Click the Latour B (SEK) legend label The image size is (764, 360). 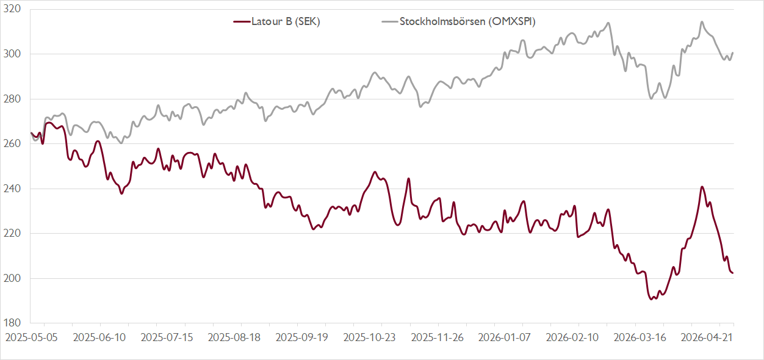click(286, 21)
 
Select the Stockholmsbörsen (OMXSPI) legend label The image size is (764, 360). click(467, 21)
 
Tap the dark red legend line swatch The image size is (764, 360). click(242, 22)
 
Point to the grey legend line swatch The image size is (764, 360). click(390, 22)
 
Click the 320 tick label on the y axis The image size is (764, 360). click(12, 9)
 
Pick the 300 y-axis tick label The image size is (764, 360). click(12, 54)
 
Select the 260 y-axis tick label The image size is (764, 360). click(12, 143)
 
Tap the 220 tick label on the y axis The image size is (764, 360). click(12, 234)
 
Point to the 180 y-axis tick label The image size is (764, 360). click(12, 323)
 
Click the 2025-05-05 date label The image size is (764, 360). click(31, 337)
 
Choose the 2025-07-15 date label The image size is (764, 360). click(167, 337)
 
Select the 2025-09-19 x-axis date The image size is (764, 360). click(302, 337)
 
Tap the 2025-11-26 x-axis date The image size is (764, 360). click(438, 337)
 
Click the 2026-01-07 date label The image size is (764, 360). click(505, 337)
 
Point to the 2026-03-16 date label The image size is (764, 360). click(640, 337)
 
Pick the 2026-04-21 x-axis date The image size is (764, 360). click(707, 337)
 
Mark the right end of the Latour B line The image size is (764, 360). click(733, 273)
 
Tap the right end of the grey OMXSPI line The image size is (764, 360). click(733, 52)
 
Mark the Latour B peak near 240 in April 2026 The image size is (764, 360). click(702, 187)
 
